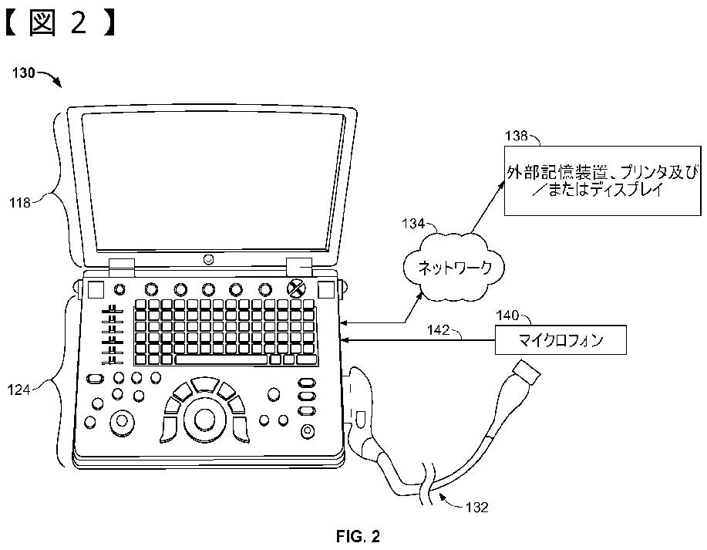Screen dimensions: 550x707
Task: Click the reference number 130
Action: [25, 74]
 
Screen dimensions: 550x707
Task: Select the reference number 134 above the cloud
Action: [413, 224]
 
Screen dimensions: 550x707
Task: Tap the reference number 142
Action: [440, 331]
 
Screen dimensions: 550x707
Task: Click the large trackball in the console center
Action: [204, 419]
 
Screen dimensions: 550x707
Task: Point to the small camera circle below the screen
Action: [208, 259]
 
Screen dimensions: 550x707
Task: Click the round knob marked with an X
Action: [295, 288]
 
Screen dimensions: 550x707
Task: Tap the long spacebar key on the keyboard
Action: [221, 359]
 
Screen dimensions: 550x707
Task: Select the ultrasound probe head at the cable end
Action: [530, 375]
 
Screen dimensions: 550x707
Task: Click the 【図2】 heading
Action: [60, 25]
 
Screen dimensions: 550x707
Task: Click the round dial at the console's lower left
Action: [121, 422]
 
